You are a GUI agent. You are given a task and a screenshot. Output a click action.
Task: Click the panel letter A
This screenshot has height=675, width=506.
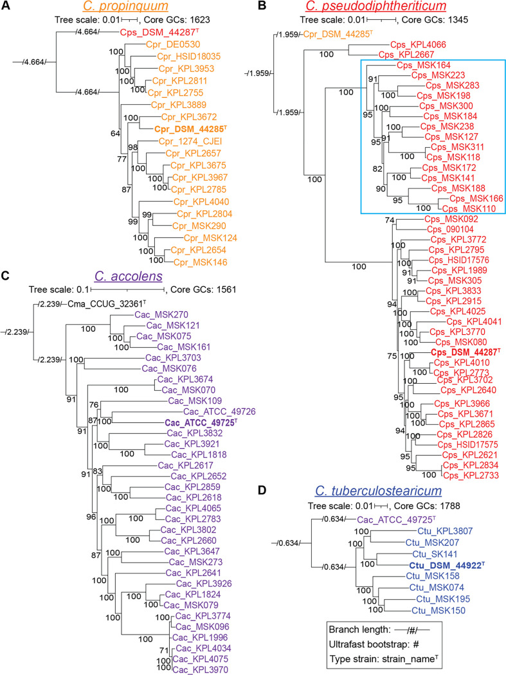[7, 7]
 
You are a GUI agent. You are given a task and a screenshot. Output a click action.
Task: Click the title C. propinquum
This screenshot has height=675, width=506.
[122, 7]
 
